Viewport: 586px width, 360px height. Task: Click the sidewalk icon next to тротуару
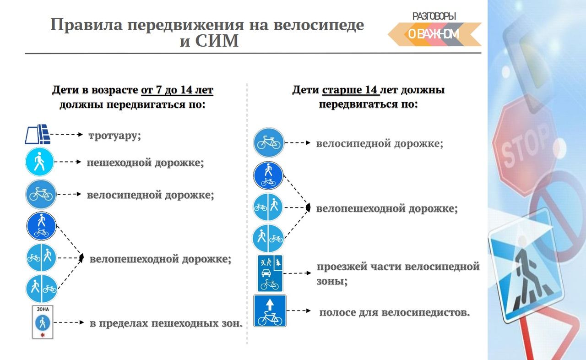pos(38,134)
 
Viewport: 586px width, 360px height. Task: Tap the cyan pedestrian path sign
pos(39,162)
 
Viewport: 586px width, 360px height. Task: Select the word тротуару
pos(114,136)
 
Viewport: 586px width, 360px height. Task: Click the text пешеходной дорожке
pos(145,163)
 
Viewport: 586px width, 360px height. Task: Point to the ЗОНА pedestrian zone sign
pos(43,322)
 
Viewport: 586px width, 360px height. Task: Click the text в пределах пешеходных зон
pos(166,323)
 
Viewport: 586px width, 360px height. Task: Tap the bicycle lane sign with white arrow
pos(270,311)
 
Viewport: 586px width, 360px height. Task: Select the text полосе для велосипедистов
pos(395,312)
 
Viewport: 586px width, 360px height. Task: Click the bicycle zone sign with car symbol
pos(270,273)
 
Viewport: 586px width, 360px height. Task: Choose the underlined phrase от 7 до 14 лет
pos(177,90)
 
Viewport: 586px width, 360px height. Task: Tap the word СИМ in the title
pos(217,41)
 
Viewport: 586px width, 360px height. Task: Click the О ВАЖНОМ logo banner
pos(434,34)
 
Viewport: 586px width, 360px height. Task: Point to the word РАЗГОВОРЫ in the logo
pos(434,16)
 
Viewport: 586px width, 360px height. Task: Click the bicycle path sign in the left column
pos(41,194)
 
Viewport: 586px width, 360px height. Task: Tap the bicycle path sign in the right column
pos(268,142)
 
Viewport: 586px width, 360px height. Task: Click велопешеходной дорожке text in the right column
pos(387,208)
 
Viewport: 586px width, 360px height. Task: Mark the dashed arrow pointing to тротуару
pos(66,135)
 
